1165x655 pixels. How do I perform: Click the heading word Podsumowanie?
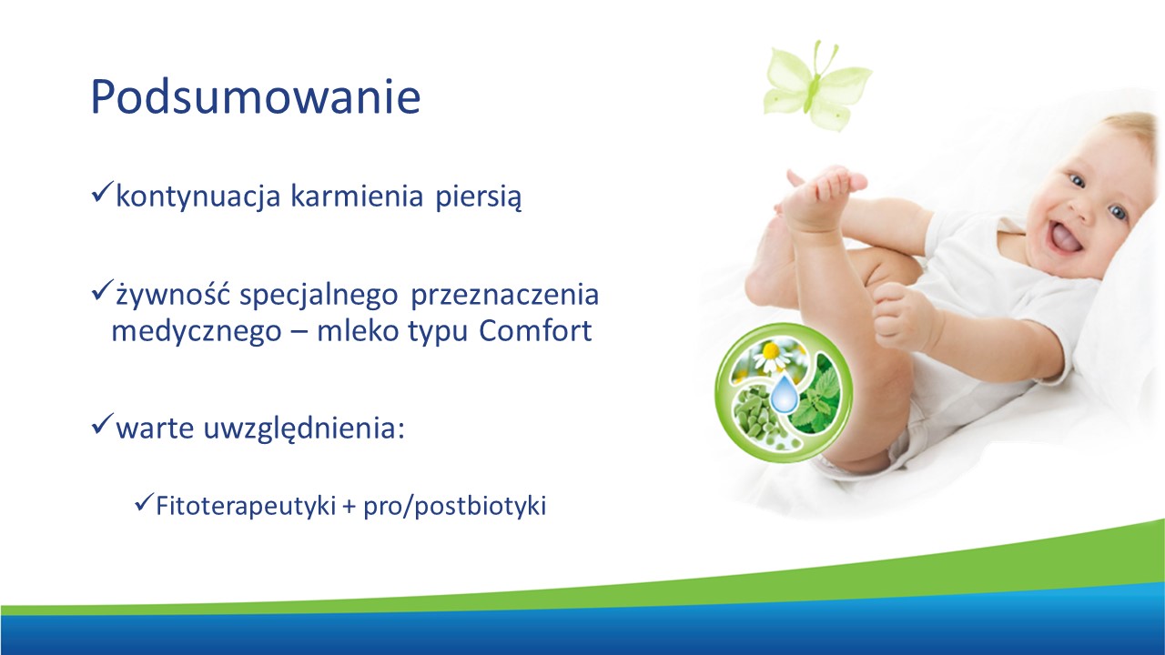[x=256, y=96]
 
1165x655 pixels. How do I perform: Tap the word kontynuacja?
[x=198, y=197]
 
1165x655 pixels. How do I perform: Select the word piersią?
[x=479, y=197]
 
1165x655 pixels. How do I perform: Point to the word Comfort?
[x=535, y=330]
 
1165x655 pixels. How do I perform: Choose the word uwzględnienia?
[x=304, y=429]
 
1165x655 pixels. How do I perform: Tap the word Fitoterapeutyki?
[x=246, y=506]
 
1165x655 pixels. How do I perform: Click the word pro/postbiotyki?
[x=455, y=506]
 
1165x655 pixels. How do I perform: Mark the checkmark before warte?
[x=102, y=424]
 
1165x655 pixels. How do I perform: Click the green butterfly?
[x=815, y=87]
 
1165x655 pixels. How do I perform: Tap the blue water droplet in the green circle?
[x=784, y=394]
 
